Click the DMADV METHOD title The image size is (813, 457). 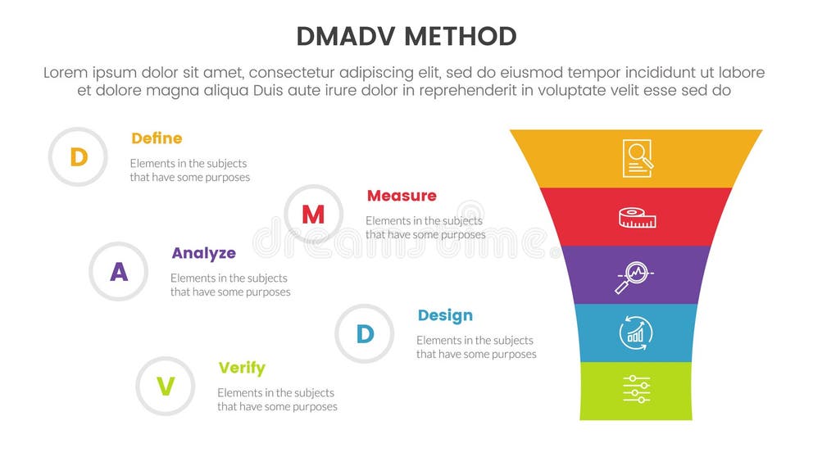click(406, 37)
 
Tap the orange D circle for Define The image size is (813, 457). click(79, 156)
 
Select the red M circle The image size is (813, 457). click(313, 215)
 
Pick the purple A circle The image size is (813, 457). click(119, 271)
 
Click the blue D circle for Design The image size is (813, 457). click(365, 333)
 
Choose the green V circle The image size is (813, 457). click(166, 386)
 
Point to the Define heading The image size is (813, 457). click(157, 138)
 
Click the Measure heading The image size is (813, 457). click(402, 196)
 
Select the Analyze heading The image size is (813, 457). click(203, 253)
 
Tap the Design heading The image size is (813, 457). click(445, 315)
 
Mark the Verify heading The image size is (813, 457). click(242, 368)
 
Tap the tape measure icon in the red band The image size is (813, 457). click(637, 218)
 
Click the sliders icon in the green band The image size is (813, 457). click(636, 389)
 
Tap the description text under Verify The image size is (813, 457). click(277, 400)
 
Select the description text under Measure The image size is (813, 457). click(425, 228)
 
